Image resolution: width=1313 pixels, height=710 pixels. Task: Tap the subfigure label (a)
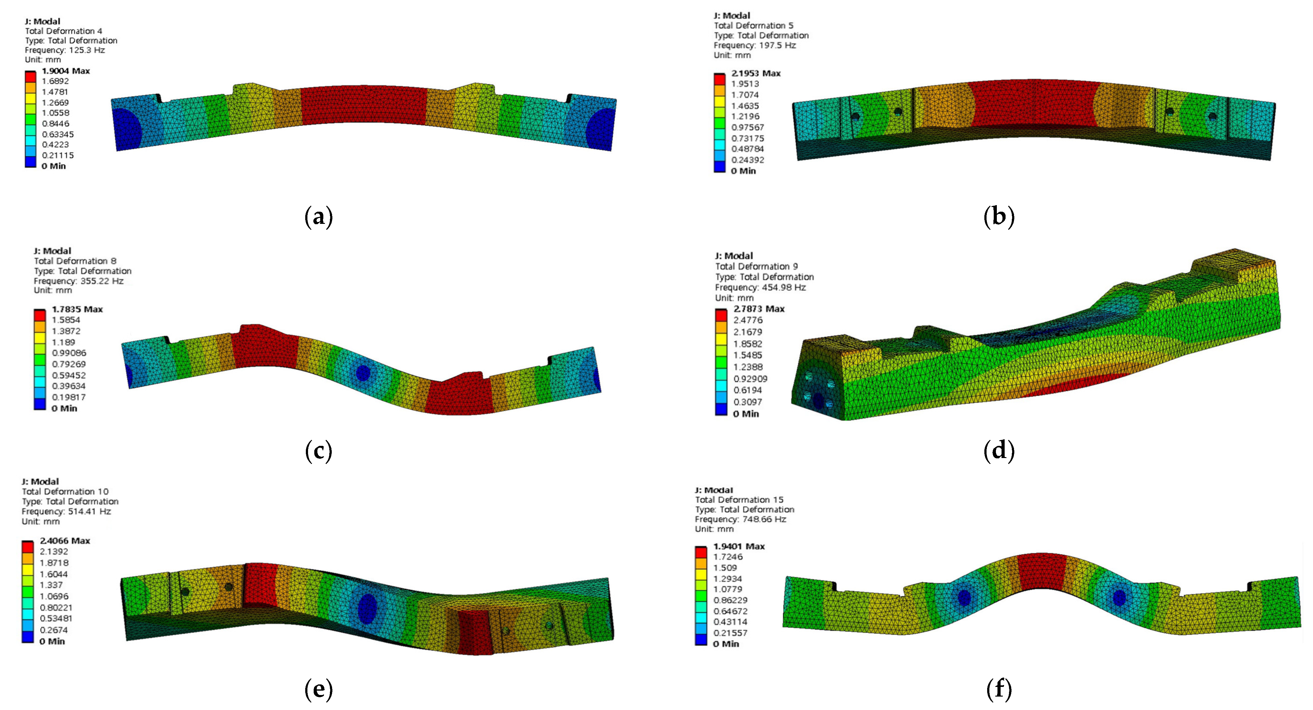(319, 217)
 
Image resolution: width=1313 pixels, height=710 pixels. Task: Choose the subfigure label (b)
(998, 217)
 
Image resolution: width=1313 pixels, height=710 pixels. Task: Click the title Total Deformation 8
(75, 261)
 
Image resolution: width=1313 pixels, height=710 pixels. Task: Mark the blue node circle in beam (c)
(362, 373)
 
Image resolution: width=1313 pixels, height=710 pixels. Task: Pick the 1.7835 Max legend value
(77, 309)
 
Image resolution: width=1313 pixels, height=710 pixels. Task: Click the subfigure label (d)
(998, 450)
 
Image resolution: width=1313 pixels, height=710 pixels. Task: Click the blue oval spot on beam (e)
(367, 608)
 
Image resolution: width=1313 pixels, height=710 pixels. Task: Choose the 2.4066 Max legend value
(65, 541)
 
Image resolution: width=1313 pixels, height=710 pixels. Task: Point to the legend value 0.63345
(58, 134)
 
